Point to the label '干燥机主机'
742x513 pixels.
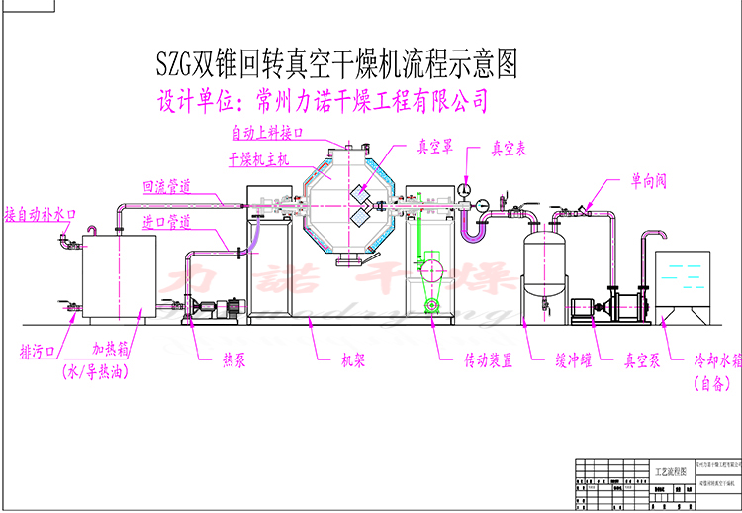coord(258,158)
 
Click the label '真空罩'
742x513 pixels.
coord(434,149)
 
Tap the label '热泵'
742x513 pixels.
coord(233,360)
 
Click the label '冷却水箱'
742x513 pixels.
coord(703,360)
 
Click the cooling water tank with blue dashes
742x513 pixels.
coord(684,282)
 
